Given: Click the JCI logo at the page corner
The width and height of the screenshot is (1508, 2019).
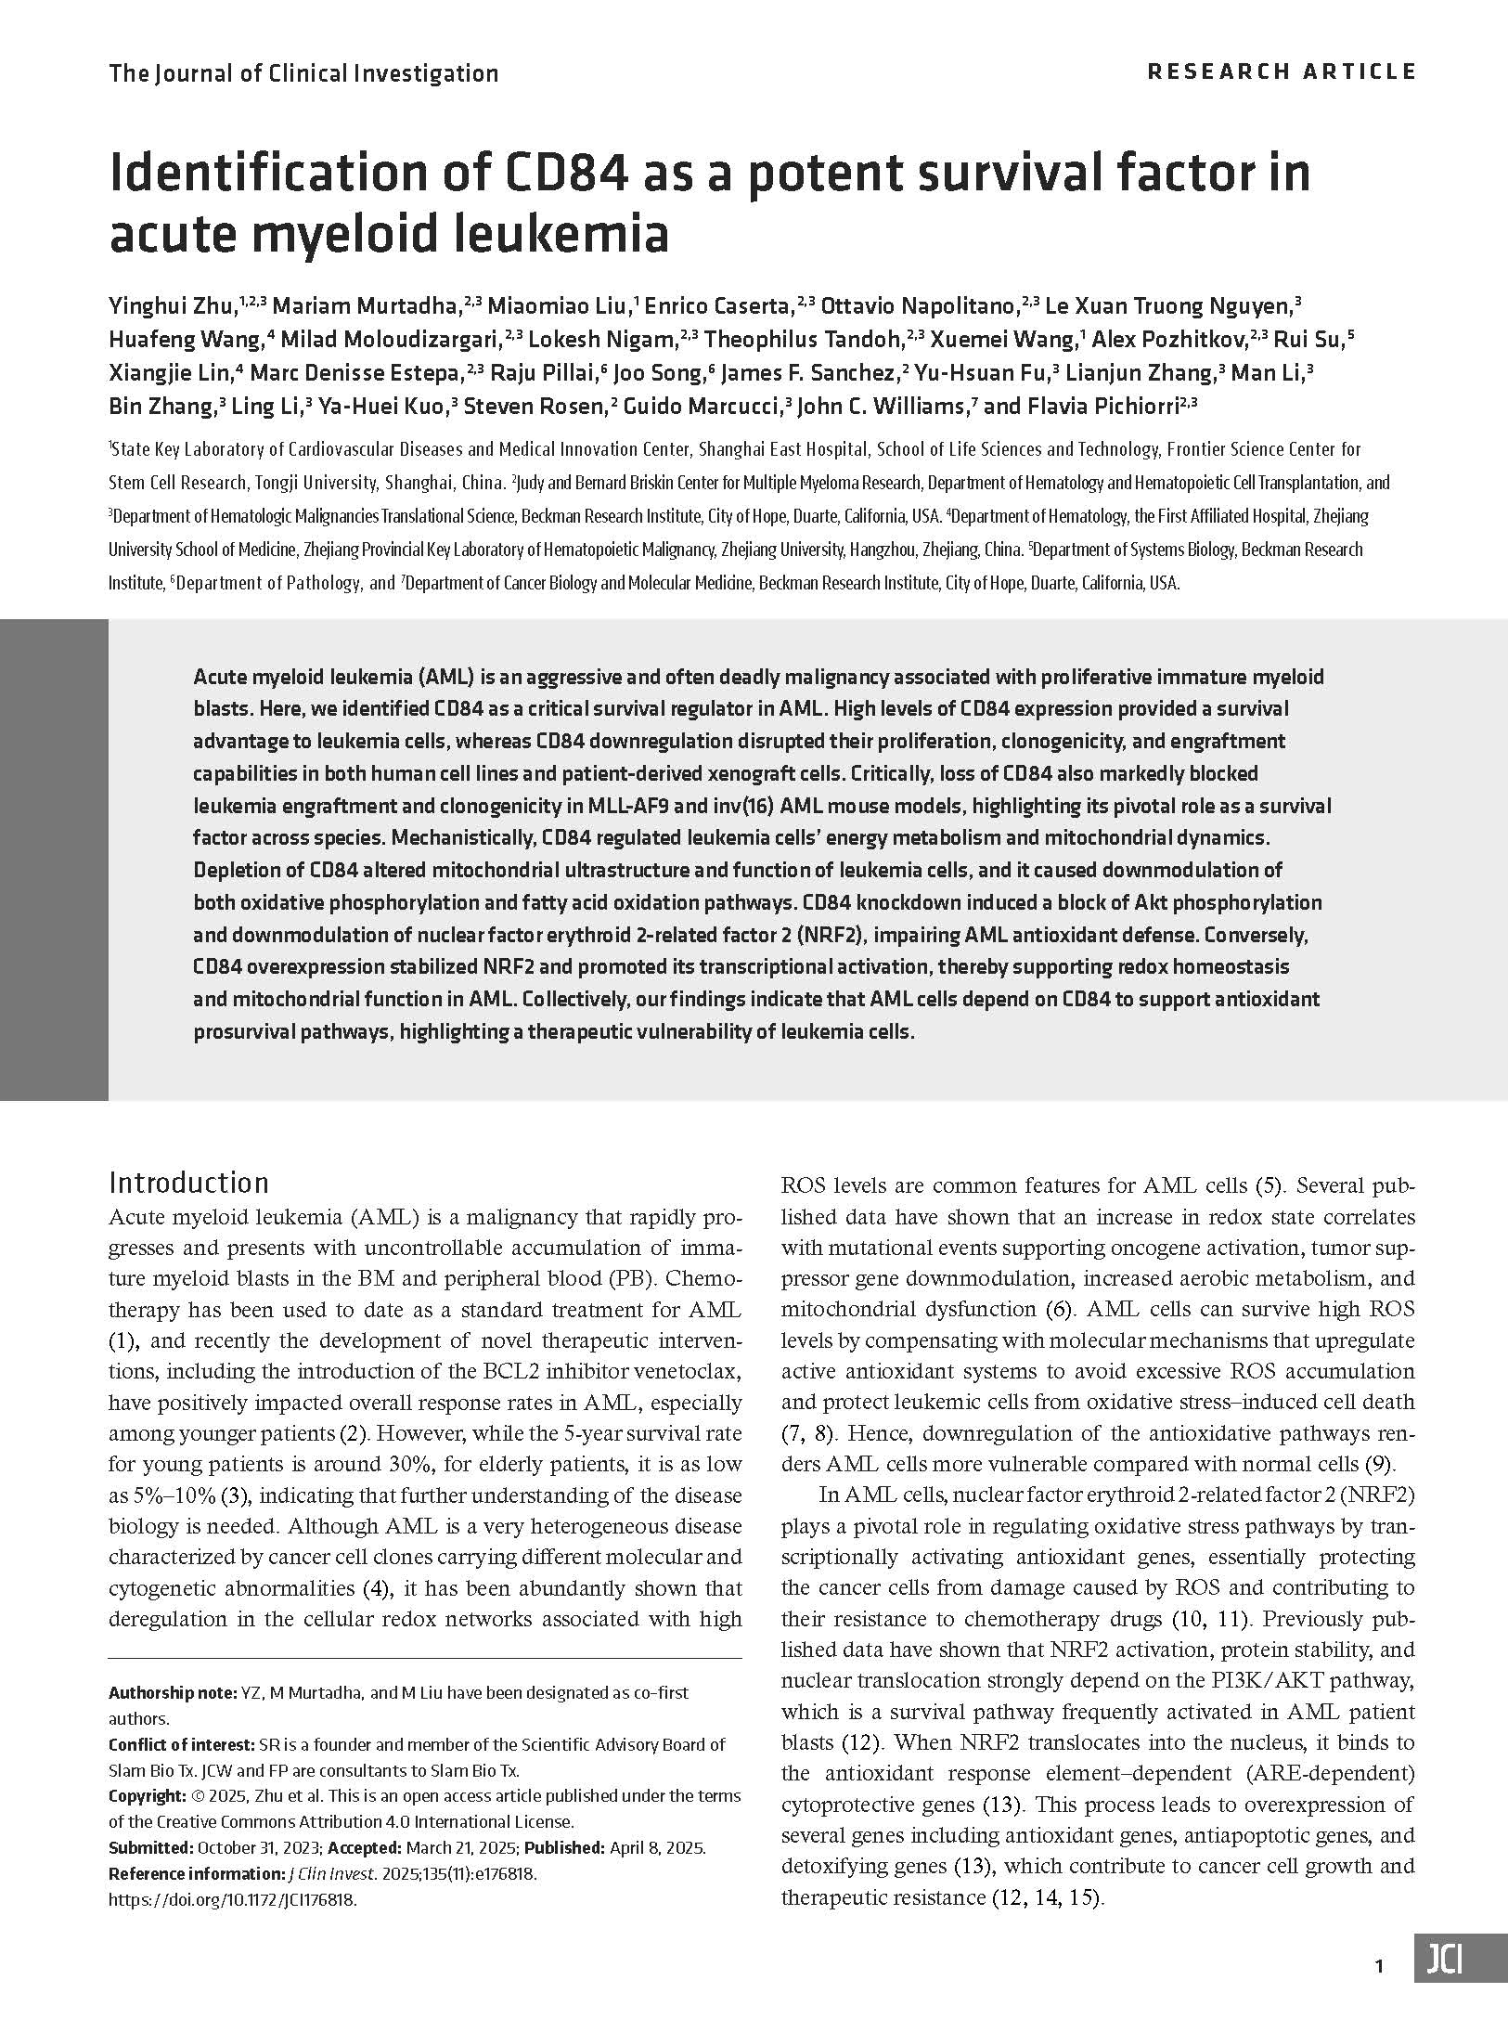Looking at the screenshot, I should click(x=1460, y=1966).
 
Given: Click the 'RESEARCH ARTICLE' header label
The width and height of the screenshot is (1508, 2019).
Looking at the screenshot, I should click(x=1282, y=71).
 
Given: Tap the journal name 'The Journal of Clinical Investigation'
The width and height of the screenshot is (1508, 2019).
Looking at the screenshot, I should click(x=303, y=73).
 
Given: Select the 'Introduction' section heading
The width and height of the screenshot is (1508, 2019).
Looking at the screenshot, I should click(x=188, y=1182).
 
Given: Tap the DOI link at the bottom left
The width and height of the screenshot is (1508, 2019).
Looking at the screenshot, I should click(x=233, y=1898).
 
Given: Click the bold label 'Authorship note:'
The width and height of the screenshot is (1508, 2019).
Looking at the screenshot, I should click(x=171, y=1692).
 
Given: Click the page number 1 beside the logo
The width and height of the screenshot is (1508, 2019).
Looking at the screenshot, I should click(x=1379, y=1966).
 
